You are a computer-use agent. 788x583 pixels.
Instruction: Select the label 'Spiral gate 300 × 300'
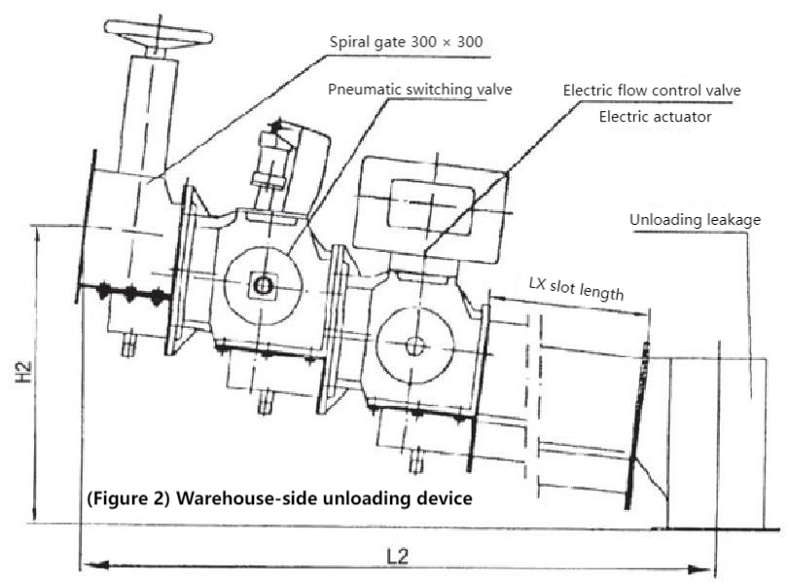click(x=406, y=42)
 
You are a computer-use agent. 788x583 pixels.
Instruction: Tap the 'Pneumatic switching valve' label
click(x=419, y=90)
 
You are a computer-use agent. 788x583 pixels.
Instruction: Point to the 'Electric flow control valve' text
click(x=652, y=91)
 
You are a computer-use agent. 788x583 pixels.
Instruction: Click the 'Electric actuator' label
click(x=655, y=117)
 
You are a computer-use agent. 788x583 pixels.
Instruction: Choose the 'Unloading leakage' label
click(x=695, y=220)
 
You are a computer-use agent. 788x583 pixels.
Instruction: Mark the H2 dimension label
click(x=23, y=372)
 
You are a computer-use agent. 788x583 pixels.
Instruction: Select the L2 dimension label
click(x=397, y=557)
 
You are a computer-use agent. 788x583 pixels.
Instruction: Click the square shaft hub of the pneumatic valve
click(x=262, y=286)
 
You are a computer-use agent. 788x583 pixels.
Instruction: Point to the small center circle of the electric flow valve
click(x=415, y=346)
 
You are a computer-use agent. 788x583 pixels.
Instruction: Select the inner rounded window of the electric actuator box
click(x=430, y=208)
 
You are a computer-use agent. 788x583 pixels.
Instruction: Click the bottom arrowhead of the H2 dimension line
click(x=34, y=514)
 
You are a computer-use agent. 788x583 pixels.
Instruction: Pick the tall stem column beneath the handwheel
click(x=148, y=114)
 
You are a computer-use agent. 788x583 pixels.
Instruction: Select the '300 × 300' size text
click(x=448, y=42)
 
